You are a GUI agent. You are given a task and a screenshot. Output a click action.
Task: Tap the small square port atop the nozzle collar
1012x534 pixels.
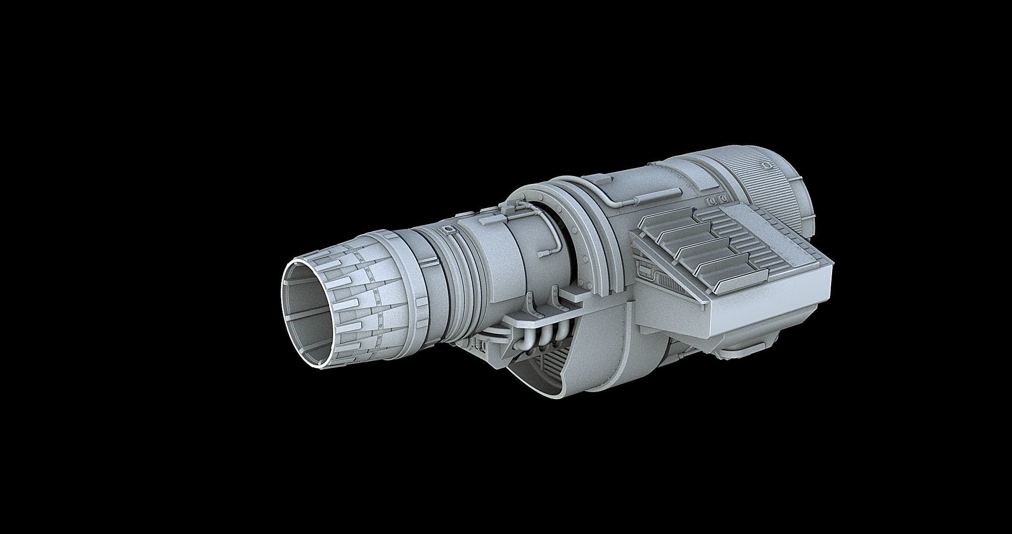(x=448, y=230)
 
